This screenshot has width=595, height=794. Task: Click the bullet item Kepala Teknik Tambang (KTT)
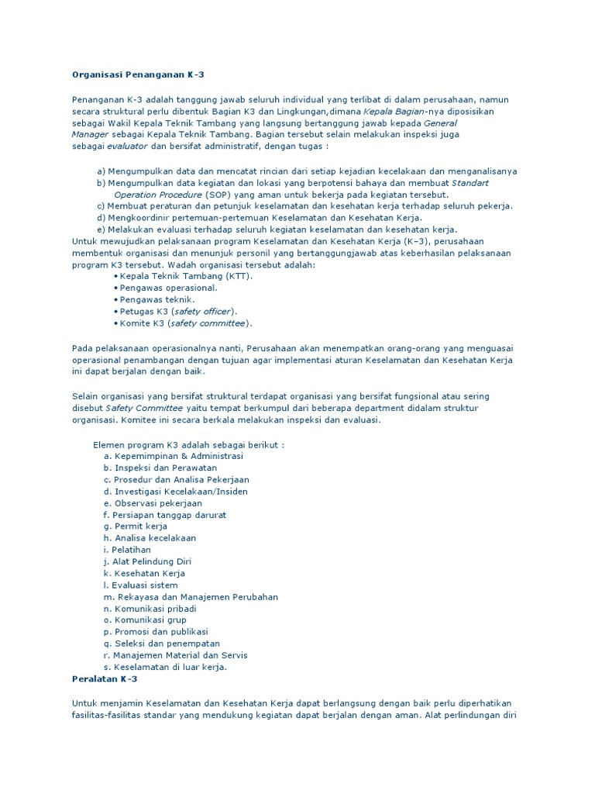186,275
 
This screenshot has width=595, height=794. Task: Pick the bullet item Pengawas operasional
163,287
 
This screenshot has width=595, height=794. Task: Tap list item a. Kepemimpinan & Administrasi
173,456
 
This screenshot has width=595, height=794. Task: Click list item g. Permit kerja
135,526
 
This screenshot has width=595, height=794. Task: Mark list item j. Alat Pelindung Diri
146,561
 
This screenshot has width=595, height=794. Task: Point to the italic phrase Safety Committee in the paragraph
144,408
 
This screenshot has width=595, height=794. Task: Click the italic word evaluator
127,145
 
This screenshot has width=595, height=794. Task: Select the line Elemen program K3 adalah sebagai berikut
188,445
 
